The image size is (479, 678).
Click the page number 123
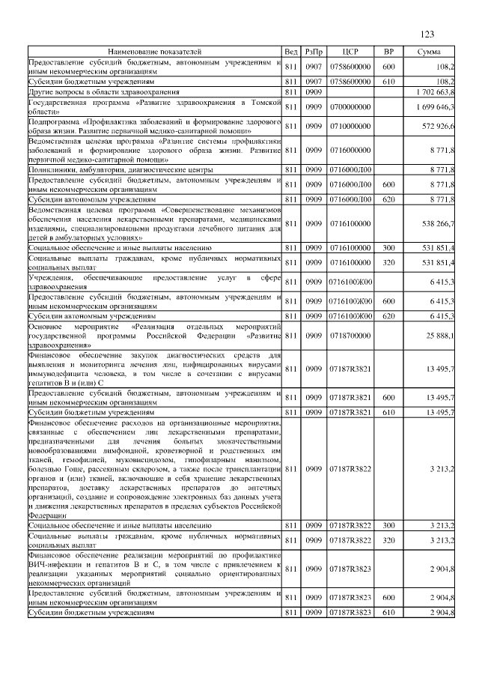(427, 34)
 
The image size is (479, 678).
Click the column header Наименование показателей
(154, 52)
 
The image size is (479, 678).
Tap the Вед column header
(291, 52)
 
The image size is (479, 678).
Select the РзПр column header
(314, 52)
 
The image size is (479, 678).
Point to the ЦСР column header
(350, 52)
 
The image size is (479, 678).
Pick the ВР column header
(388, 52)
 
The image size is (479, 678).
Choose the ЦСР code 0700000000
(350, 107)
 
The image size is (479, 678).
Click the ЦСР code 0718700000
(350, 336)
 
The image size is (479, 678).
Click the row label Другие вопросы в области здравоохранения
(104, 91)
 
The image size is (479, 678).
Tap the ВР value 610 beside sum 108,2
(388, 80)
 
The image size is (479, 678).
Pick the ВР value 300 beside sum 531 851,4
(388, 246)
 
